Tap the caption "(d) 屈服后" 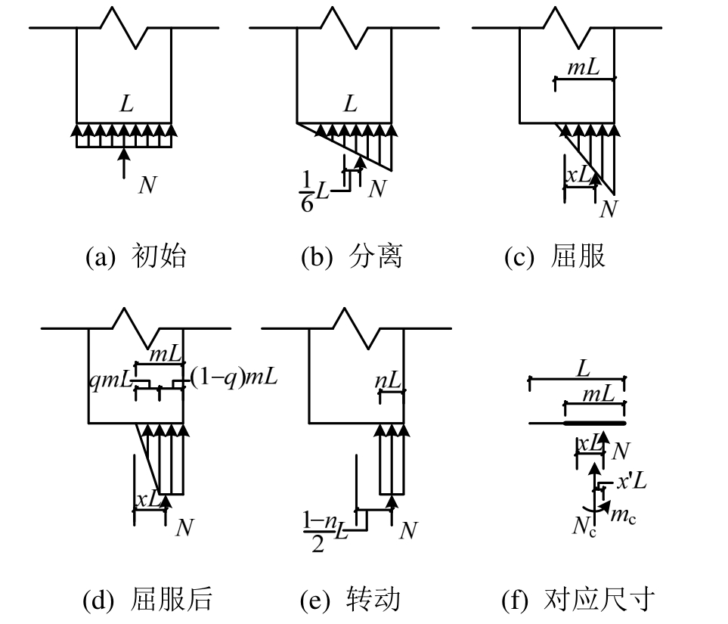point(147,600)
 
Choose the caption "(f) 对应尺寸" point(578,600)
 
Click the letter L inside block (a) point(126,104)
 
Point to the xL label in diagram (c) point(578,175)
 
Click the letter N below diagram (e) point(408,531)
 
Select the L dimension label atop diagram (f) point(583,368)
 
